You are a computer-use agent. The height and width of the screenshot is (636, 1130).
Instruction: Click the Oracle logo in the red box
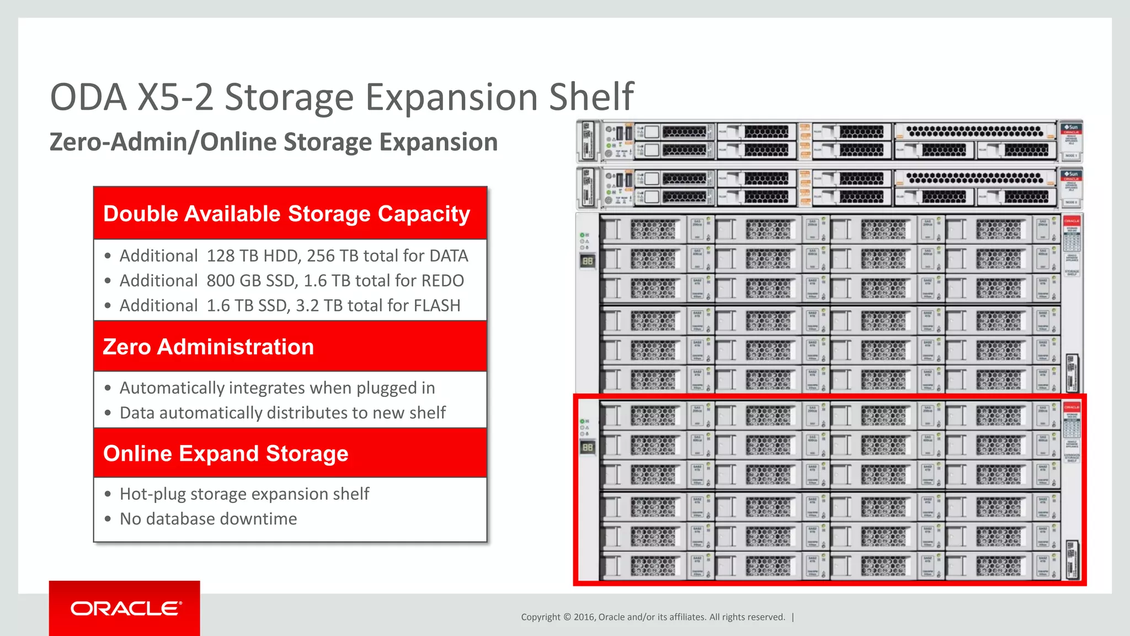pyautogui.click(x=126, y=608)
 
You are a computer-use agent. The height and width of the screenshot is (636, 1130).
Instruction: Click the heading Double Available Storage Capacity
pyautogui.click(x=286, y=214)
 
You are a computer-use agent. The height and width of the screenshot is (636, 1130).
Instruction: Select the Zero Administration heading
pyautogui.click(x=209, y=347)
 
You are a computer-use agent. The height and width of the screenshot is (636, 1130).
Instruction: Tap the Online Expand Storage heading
pyautogui.click(x=226, y=453)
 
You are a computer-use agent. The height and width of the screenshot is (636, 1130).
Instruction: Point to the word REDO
pyautogui.click(x=443, y=280)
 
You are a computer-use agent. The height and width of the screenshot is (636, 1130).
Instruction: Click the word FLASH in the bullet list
pyautogui.click(x=435, y=305)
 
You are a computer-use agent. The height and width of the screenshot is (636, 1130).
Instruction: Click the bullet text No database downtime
pyautogui.click(x=208, y=519)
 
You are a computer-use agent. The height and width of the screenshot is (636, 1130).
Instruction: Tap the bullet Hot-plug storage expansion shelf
pyautogui.click(x=244, y=494)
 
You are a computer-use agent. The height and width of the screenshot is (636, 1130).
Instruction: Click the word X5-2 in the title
pyautogui.click(x=175, y=97)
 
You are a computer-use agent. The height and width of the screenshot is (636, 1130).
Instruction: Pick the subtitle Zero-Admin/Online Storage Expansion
pyautogui.click(x=274, y=142)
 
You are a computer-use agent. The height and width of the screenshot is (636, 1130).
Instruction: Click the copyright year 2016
pyautogui.click(x=583, y=617)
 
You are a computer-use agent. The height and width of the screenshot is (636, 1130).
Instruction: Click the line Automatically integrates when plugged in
pyautogui.click(x=277, y=388)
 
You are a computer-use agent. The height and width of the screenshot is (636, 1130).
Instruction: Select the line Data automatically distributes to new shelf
pyautogui.click(x=282, y=413)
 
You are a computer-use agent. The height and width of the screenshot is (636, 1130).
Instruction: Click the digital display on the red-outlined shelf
pyautogui.click(x=588, y=447)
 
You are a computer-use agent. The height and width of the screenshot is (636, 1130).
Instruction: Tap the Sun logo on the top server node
pyautogui.click(x=1072, y=128)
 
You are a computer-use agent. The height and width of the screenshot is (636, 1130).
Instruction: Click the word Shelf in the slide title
pyautogui.click(x=591, y=97)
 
